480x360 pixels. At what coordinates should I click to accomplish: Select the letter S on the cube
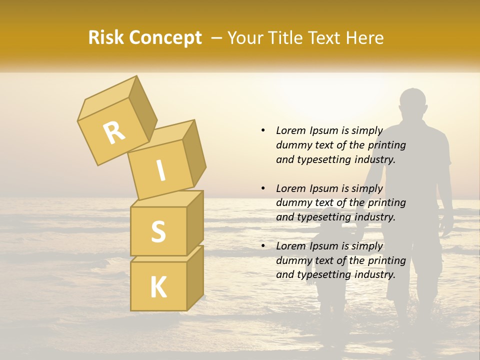158,231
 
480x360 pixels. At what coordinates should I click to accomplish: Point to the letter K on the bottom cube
158,287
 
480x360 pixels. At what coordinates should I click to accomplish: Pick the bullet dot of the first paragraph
263,130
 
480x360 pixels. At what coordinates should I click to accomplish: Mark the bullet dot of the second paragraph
263,188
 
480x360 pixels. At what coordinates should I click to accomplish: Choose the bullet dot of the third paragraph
263,246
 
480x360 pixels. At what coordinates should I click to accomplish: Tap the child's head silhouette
327,229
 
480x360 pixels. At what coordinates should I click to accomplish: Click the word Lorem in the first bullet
290,130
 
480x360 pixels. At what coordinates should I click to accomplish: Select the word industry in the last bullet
374,274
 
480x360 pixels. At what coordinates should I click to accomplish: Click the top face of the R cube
107,98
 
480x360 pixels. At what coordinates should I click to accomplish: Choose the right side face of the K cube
195,277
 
